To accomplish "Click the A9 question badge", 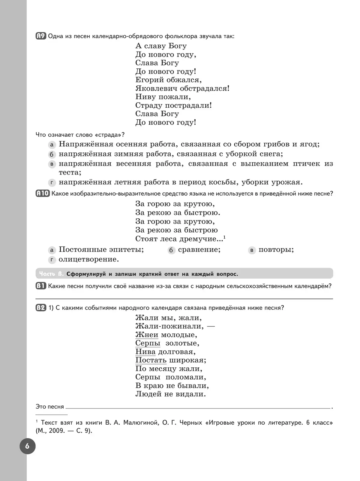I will tap(41, 36).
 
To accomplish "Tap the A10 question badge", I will tap(43, 193).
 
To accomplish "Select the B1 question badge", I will tap(41, 286).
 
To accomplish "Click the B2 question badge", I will tap(41, 308).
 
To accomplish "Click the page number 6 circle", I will tap(27, 446).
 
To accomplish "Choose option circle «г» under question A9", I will tap(52, 183).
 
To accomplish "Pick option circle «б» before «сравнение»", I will tap(171, 250).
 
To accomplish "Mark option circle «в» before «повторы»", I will tap(252, 250).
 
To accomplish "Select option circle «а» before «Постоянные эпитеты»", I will tap(52, 250).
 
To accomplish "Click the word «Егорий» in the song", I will tap(150, 80).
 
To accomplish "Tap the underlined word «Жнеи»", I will tap(147, 335).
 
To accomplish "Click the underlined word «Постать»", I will tap(151, 360).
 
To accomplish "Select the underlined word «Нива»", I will tap(145, 352).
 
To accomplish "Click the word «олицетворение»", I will tap(89, 259).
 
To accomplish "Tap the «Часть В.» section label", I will tap(51, 274).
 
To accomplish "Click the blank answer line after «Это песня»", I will tap(198, 407).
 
